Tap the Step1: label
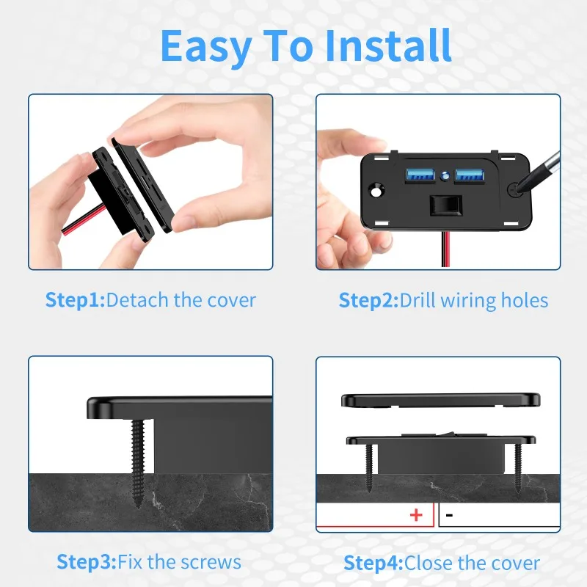tap(75, 300)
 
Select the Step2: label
tap(368, 300)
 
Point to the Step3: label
tap(86, 562)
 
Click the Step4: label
tap(373, 563)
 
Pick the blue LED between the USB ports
tap(444, 176)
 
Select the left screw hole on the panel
tap(378, 190)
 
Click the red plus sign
tap(416, 515)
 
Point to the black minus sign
tap(449, 516)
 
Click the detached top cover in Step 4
tap(440, 400)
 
